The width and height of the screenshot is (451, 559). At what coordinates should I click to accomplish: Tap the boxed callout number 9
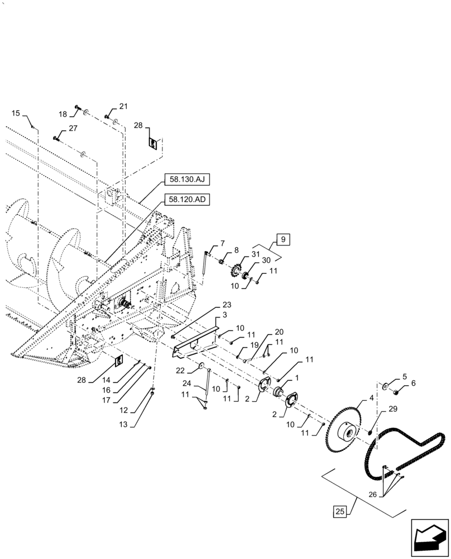pyautogui.click(x=283, y=240)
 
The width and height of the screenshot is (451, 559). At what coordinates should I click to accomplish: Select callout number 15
pyautogui.click(x=15, y=113)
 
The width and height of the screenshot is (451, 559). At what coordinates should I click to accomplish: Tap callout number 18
pyautogui.click(x=63, y=114)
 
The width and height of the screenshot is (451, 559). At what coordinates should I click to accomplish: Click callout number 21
pyautogui.click(x=123, y=107)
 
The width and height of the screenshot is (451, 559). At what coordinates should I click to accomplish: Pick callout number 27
pyautogui.click(x=73, y=128)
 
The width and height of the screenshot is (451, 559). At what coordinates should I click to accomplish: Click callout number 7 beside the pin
pyautogui.click(x=222, y=243)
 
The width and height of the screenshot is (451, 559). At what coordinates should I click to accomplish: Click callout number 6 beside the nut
pyautogui.click(x=412, y=383)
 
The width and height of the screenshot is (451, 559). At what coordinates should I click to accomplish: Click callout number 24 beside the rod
pyautogui.click(x=188, y=384)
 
